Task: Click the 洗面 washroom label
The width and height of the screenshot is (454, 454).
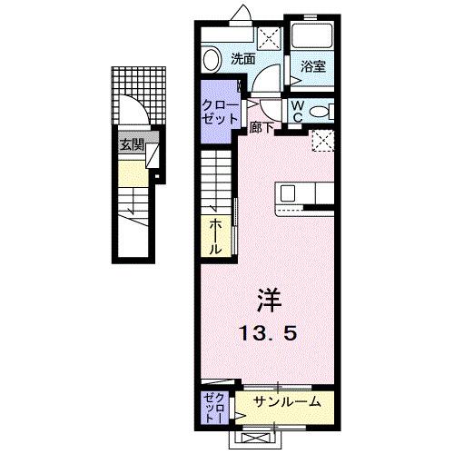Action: coord(242,58)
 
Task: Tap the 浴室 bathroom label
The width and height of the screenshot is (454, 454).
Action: coord(313,65)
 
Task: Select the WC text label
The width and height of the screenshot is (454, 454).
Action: coord(297,110)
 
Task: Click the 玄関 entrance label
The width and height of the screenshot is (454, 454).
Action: coord(131,143)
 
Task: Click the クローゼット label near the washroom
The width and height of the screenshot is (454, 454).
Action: coord(219,112)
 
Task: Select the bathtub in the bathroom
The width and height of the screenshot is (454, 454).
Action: coord(313,35)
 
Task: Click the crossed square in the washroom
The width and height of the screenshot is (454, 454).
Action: coord(269,36)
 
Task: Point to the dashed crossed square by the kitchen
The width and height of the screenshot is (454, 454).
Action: coord(321,139)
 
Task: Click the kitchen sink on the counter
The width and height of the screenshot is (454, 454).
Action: coord(288,192)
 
